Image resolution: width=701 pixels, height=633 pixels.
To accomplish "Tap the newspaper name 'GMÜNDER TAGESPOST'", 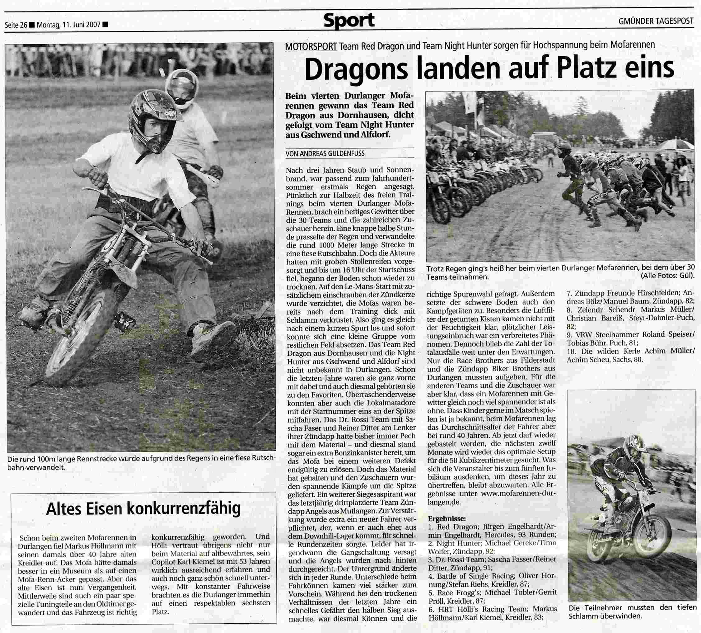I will (x=656, y=21).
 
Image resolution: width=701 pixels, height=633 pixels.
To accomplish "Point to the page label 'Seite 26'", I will (x=16, y=25).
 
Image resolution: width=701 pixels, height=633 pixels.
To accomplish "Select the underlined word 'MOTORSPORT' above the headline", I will (x=311, y=46).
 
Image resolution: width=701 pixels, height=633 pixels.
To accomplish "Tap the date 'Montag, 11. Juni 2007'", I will (x=68, y=25).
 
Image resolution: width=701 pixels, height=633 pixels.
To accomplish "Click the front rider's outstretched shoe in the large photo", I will (x=213, y=336).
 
